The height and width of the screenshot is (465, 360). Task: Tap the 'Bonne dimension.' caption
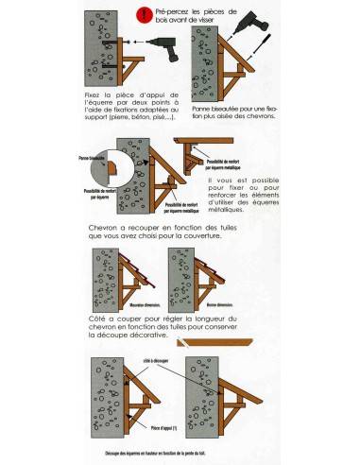[217, 304]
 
